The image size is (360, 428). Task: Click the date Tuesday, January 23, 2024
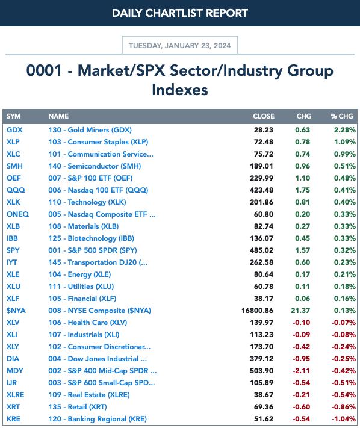point(180,45)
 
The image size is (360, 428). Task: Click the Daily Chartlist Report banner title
point(180,13)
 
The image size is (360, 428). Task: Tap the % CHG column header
point(342,116)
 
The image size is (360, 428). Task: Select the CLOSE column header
point(264,116)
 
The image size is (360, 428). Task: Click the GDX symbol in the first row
point(14,130)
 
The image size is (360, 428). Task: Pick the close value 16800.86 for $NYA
point(258,311)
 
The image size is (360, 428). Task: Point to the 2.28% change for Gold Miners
point(345,130)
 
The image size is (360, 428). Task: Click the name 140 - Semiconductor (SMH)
point(95,166)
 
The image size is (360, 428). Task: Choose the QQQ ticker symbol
point(16,190)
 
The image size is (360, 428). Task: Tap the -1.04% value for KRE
point(344,419)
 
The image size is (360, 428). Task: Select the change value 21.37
point(300,311)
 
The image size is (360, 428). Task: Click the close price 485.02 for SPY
point(261,250)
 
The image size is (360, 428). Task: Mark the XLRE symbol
point(15,395)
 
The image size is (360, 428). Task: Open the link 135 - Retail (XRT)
point(78,407)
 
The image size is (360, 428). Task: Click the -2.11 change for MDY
point(302,371)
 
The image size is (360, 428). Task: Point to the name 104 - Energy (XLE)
point(79,274)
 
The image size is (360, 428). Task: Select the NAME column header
point(58,116)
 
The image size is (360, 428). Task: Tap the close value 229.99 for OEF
point(261,178)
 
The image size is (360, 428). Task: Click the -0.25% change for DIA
point(344,359)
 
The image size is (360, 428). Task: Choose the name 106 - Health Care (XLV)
point(88,323)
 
